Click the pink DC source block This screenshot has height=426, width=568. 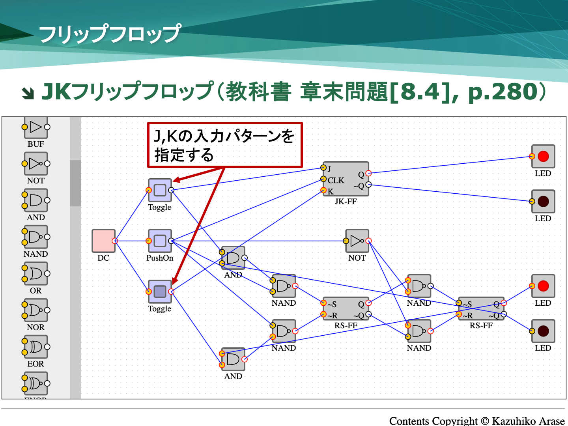[x=103, y=241]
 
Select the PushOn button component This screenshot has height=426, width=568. [x=160, y=241]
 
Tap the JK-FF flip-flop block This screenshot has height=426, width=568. [x=346, y=179]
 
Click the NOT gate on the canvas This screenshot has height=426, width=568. [x=357, y=241]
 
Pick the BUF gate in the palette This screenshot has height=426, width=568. [x=36, y=127]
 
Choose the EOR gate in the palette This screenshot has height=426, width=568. [x=36, y=347]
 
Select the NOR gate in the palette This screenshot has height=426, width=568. [x=36, y=310]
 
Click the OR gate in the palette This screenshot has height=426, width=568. [x=36, y=273]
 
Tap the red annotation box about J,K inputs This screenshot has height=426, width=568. [x=225, y=145]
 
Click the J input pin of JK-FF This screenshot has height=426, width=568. [x=323, y=168]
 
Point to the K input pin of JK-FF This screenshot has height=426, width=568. [x=323, y=191]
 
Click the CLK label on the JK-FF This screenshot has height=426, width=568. [x=336, y=180]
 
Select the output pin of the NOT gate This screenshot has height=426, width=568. [x=368, y=241]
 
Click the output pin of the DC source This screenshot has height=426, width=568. [x=115, y=241]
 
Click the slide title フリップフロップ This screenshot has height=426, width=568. [x=110, y=34]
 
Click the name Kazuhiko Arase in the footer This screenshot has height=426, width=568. [x=528, y=421]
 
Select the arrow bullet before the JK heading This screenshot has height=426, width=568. [x=28, y=93]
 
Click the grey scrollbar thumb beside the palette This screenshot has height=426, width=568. [x=75, y=183]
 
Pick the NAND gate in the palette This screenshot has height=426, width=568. [x=36, y=237]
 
